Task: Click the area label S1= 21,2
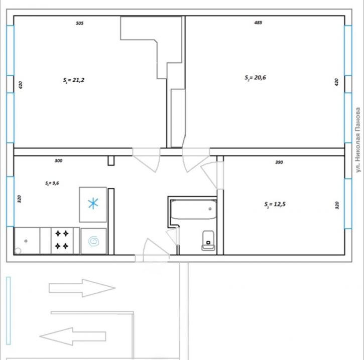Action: [74, 80]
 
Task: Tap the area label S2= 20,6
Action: [255, 78]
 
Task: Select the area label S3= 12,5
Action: [275, 205]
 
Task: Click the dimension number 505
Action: [80, 23]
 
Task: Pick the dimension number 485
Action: [258, 23]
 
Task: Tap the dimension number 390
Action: [279, 162]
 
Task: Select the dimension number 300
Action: [59, 160]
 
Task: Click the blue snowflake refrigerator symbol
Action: [93, 204]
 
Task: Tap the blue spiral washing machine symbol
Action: [94, 241]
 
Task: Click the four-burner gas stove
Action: [62, 240]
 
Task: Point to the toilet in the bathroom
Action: [208, 240]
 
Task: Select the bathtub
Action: [194, 210]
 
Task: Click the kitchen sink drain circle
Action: [26, 241]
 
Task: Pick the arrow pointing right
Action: [82, 288]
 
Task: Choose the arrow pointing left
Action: [73, 336]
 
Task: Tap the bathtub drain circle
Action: [210, 209]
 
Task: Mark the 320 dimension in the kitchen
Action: [19, 199]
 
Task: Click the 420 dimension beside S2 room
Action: [336, 82]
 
